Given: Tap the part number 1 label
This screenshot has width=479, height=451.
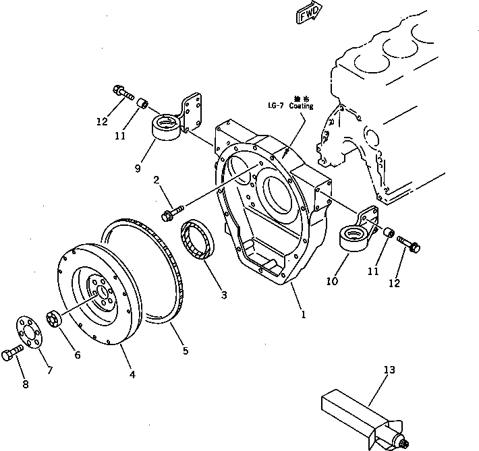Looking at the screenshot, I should pos(303,315).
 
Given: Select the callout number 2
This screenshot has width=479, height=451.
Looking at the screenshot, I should pos(156,180).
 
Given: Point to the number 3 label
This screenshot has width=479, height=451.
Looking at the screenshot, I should pos(223,295).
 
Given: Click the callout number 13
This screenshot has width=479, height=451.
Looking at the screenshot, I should pos(389,370).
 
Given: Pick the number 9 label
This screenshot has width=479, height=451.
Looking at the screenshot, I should pos(137,169).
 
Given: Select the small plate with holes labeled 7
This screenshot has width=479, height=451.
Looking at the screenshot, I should pos(28,334).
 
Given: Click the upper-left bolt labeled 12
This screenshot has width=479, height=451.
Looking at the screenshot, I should pos(120,92).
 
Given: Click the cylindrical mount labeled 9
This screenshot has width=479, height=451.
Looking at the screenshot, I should pos(165,127).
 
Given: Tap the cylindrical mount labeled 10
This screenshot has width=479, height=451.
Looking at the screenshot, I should pos(353,239).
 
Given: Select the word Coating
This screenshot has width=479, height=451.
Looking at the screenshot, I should pos(301,106).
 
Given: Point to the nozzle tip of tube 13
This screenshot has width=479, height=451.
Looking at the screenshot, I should pos(406,442).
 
